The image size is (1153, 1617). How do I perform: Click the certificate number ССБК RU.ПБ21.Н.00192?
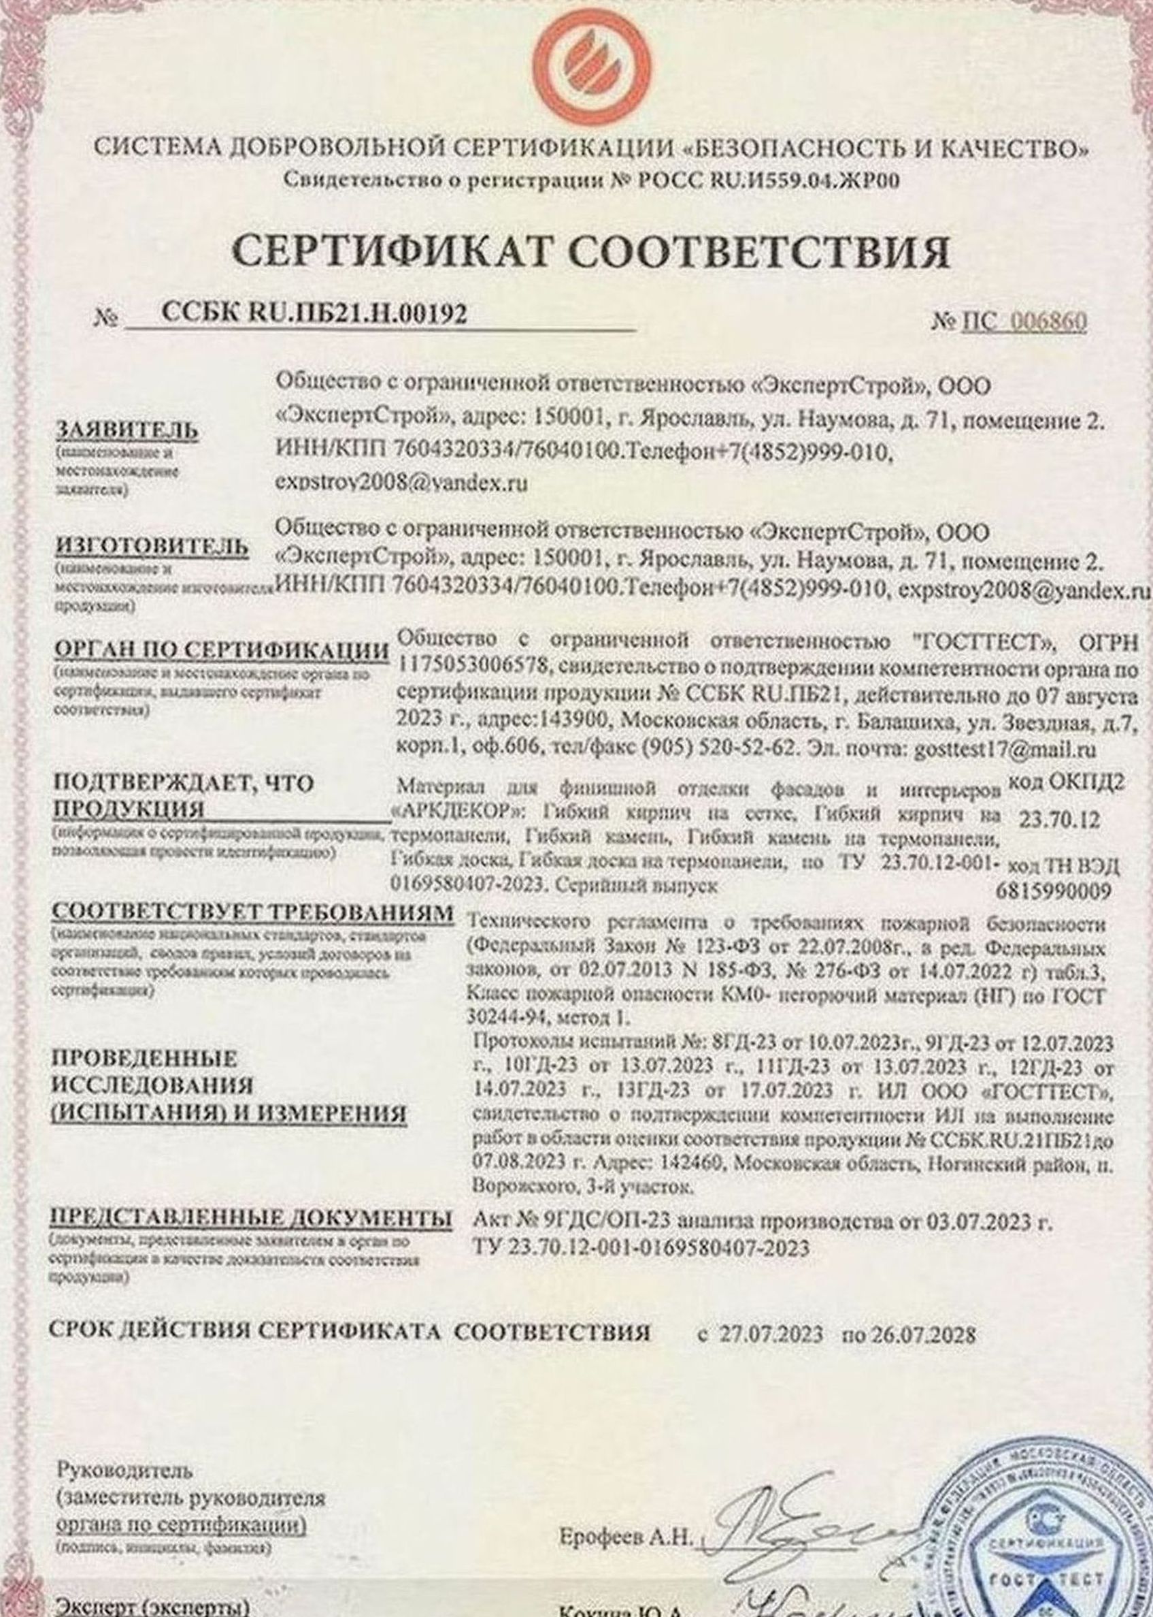(x=314, y=313)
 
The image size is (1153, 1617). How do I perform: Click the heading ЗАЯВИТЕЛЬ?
(x=127, y=430)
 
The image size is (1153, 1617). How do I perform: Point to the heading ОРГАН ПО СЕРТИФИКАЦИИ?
(x=222, y=651)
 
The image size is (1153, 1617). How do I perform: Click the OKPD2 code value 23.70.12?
(x=1058, y=820)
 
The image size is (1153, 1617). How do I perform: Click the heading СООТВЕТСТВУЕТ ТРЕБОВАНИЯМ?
(x=253, y=914)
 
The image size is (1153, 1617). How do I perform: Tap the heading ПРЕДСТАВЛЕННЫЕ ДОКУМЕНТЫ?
(x=250, y=1219)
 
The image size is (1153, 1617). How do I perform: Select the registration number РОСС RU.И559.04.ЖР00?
(x=769, y=181)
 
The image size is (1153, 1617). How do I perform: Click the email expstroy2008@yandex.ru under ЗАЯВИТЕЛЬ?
(x=401, y=484)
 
